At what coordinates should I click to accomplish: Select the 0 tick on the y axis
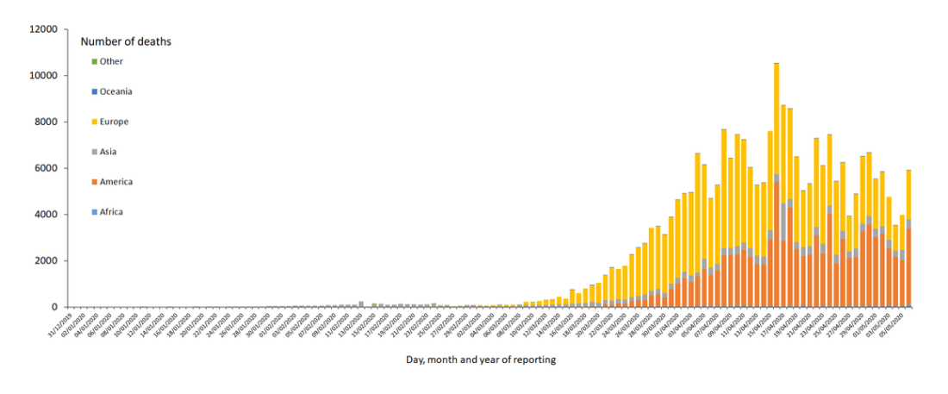pyautogui.click(x=53, y=307)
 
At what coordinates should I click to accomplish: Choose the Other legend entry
pyautogui.click(x=111, y=61)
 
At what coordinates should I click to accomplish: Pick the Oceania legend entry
pyautogui.click(x=115, y=91)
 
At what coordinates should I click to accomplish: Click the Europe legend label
pyautogui.click(x=114, y=122)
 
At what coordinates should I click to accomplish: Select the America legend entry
pyautogui.click(x=115, y=182)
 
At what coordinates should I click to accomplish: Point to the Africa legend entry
pyautogui.click(x=111, y=212)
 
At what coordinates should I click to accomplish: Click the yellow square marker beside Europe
pyautogui.click(x=94, y=122)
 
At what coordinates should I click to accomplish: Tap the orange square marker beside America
pyautogui.click(x=94, y=182)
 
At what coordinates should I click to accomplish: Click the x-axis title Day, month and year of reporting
pyautogui.click(x=480, y=360)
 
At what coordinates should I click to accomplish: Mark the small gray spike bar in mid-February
pyautogui.click(x=361, y=304)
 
